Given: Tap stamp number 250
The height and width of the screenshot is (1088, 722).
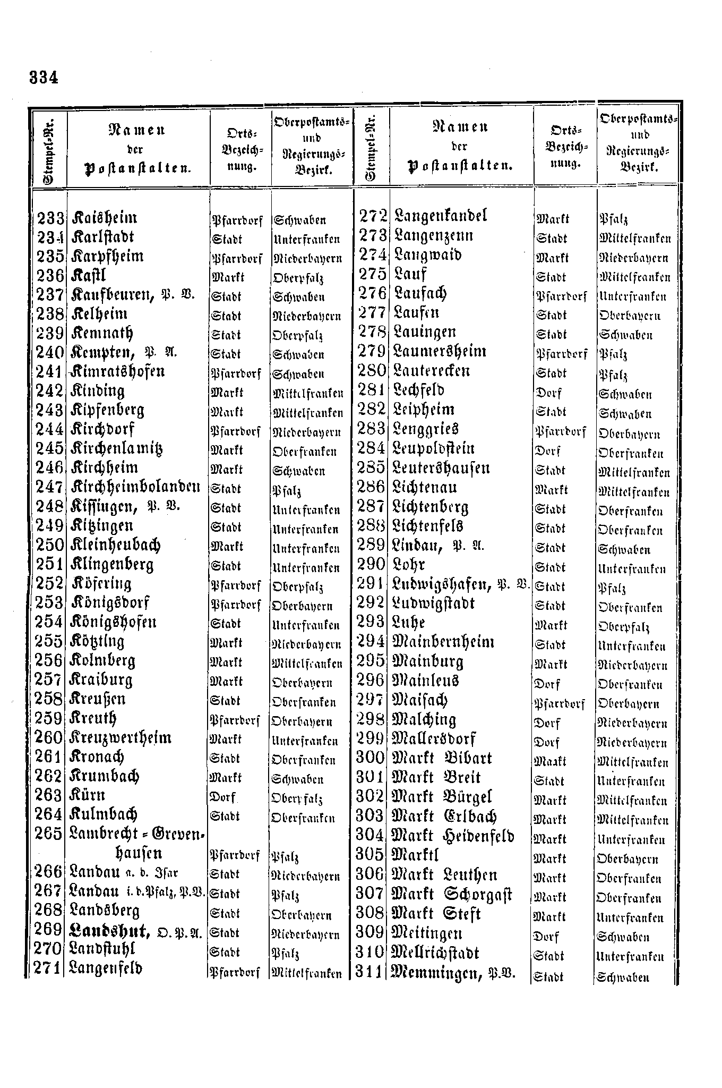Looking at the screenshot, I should coord(50,545).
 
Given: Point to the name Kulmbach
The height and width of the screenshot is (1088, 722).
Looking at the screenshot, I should coord(104,814).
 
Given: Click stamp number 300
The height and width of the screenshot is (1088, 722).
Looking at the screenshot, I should coord(371,758).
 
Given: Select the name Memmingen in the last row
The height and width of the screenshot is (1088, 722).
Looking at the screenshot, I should coord(435,974).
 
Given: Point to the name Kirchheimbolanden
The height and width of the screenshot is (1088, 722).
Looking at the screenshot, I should coord(135,487).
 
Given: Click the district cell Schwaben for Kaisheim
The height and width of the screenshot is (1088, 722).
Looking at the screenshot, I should coord(300,220).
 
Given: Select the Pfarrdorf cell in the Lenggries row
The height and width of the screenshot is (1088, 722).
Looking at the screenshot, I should coord(561,432).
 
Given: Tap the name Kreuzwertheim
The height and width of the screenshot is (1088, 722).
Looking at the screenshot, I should coord(121,738).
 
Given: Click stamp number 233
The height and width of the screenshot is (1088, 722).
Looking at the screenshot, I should coord(50,218).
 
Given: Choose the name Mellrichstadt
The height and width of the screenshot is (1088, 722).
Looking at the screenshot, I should coord(435,954).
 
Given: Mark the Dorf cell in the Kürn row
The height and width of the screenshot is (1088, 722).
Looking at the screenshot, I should coord(223,798).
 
